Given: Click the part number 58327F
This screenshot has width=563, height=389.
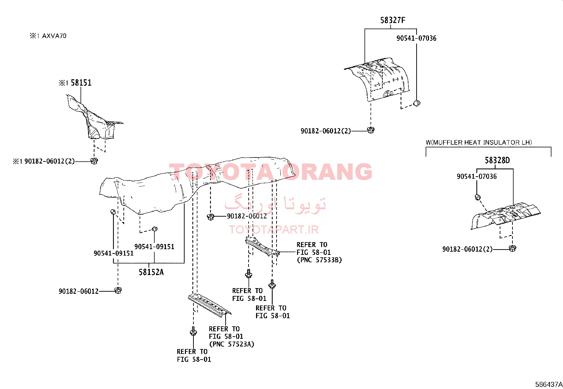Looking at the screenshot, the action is coord(393,20).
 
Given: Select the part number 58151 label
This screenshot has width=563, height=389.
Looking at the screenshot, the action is coord(81,83).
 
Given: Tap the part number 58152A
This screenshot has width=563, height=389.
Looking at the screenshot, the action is coord(151,272).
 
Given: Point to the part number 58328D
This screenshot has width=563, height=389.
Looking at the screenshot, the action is coord(497,160).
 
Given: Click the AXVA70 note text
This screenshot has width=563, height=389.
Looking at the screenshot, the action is coord(54,36).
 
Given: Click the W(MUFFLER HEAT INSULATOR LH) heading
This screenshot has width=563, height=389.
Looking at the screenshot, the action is coord(479,142).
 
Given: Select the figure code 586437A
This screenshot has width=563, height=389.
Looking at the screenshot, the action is coord(549,384).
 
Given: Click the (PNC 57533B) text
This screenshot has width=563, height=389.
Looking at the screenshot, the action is coord(319,260).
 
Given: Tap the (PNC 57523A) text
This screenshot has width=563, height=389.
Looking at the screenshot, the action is coord(232,344).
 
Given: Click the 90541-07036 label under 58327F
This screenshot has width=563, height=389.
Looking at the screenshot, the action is coord(417,38).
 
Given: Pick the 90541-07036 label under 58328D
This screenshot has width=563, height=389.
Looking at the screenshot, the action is coord(477,176).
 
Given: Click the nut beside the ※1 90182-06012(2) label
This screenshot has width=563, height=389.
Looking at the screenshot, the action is coord(94,161).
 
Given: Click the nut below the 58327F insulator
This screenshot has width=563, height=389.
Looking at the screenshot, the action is coord(371,130).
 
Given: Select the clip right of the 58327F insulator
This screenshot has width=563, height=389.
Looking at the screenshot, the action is coord(417,103).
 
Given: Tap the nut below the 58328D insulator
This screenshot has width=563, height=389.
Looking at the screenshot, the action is coord(512,248).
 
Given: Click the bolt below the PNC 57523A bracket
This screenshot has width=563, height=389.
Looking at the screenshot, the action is coord(193,331).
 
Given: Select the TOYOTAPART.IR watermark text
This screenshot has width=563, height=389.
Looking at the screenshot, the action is coord(274,230).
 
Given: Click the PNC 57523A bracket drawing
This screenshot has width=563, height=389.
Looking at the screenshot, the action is coord(210,305).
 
